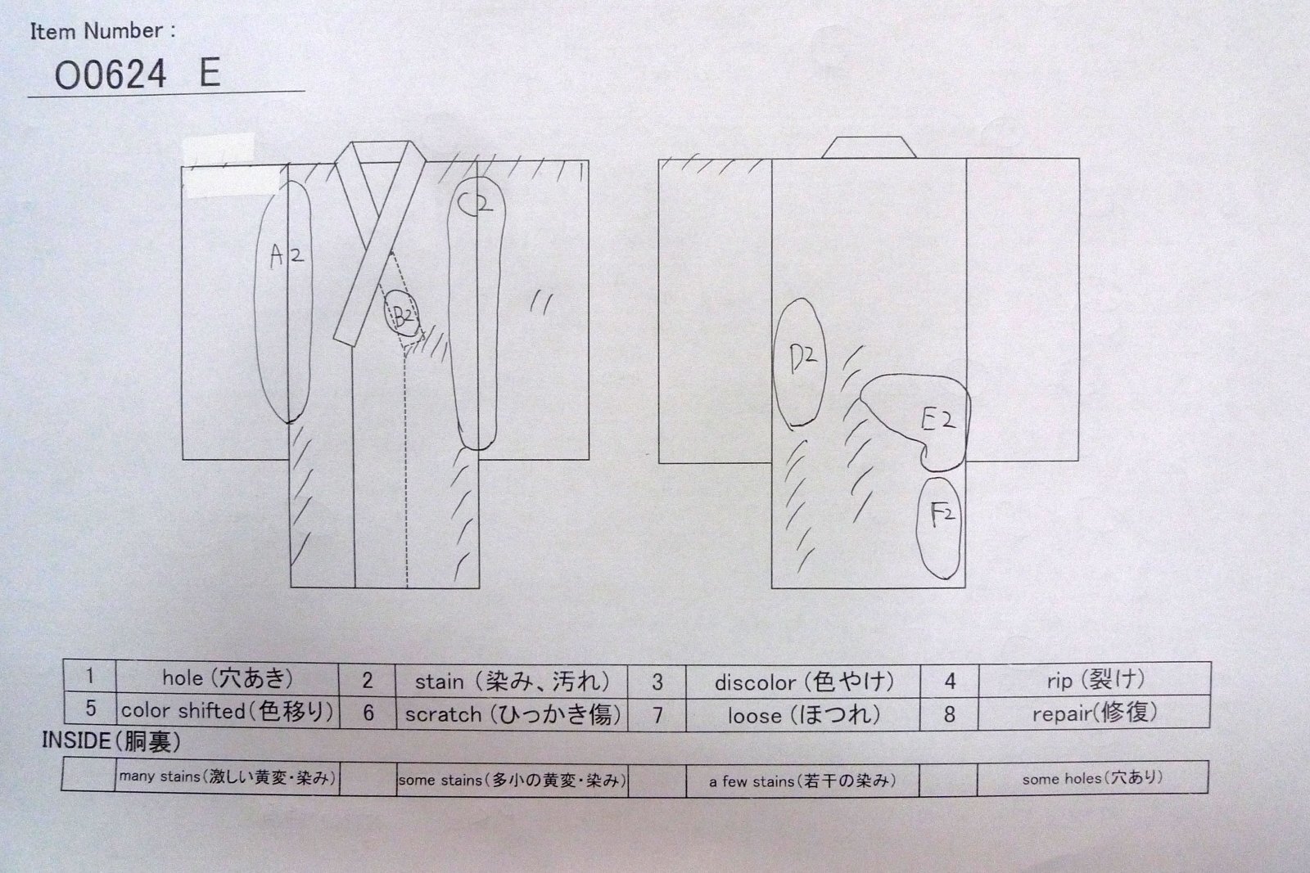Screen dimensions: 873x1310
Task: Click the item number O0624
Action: click(111, 75)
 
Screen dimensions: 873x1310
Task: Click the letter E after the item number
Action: click(210, 74)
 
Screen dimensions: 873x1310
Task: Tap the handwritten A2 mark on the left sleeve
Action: click(287, 257)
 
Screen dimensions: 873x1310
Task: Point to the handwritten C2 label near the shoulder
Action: click(476, 203)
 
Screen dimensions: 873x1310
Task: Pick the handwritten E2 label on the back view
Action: click(937, 421)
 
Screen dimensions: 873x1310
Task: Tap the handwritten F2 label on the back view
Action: click(942, 515)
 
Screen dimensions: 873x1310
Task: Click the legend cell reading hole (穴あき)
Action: click(227, 677)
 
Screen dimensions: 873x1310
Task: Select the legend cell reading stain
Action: click(512, 681)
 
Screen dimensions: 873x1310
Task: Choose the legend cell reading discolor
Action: click(803, 682)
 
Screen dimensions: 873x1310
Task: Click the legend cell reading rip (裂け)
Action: click(1094, 679)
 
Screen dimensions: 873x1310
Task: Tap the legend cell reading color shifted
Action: click(227, 710)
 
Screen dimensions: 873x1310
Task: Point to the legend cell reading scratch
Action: click(512, 713)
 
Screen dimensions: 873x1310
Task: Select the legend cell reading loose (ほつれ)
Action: click(803, 715)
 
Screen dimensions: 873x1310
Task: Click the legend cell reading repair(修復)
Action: click(1094, 713)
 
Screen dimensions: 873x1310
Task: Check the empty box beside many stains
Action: click(88, 775)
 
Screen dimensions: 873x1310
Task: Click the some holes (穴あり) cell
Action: click(1092, 778)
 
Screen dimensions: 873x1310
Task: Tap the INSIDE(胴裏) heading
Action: click(111, 742)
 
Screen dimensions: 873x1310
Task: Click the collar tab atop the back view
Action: click(868, 148)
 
